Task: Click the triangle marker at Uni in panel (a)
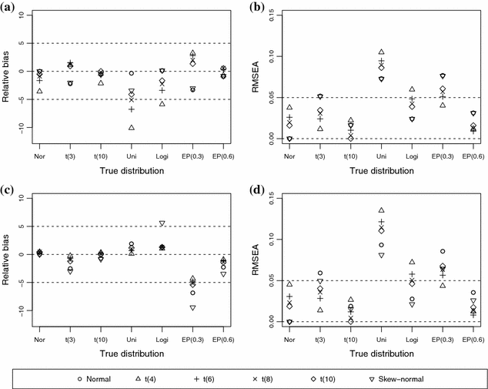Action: (132, 127)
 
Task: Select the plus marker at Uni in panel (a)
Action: (132, 109)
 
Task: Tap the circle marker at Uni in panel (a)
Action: (132, 73)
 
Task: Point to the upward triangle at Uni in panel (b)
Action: (381, 52)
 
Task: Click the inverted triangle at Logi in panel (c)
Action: (162, 223)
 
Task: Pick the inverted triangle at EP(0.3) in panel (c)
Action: (192, 308)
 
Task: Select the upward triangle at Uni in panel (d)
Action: (381, 210)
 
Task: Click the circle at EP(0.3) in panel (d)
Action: (443, 251)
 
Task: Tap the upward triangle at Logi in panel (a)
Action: (162, 104)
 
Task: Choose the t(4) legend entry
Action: (145, 379)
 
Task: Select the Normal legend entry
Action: (94, 379)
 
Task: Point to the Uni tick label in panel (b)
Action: (381, 156)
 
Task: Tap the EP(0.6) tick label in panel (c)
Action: (223, 340)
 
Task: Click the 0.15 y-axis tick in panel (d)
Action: (272, 199)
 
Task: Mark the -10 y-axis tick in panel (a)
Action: (22, 128)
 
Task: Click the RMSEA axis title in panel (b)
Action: (256, 77)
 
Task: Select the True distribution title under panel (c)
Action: (132, 354)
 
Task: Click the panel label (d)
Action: (257, 190)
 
